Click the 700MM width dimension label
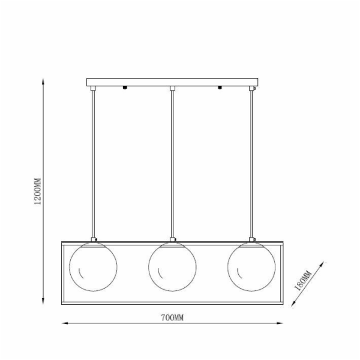point(172,317)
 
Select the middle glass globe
point(172,266)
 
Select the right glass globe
point(251,266)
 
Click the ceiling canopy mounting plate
point(172,82)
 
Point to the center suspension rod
point(172,162)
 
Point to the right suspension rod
point(251,162)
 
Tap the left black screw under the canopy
point(124,88)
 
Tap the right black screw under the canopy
point(220,88)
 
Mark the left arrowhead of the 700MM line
point(65,325)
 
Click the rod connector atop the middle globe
point(172,240)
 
